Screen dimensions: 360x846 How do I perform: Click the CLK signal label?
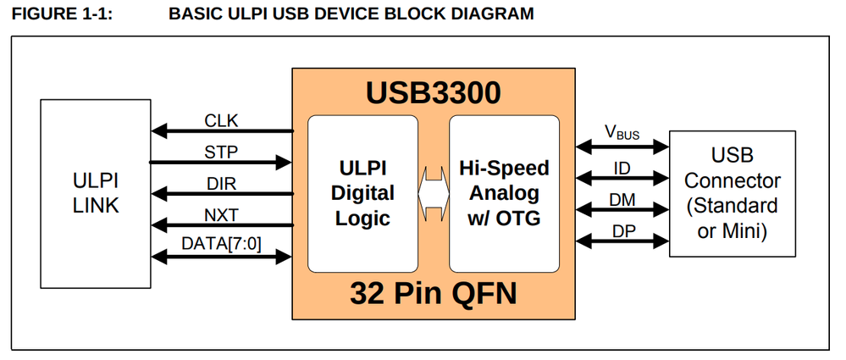coord(221,120)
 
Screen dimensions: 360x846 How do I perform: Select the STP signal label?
coord(221,152)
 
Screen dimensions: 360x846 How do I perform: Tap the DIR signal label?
coord(221,183)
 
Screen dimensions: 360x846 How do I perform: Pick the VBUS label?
coord(622,133)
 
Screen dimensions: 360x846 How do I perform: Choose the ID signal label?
coord(622,169)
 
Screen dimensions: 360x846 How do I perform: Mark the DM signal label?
coord(622,199)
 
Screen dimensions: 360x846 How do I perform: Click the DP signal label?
coord(622,230)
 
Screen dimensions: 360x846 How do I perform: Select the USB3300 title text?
coord(433,92)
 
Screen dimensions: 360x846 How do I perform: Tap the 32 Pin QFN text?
coord(433,294)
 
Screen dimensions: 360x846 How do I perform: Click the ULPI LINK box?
coord(96,192)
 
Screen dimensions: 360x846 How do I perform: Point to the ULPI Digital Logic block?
coord(362,193)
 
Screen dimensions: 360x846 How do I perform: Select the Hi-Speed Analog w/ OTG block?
coord(504,193)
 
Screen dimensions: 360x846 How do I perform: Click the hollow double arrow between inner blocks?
coord(434,193)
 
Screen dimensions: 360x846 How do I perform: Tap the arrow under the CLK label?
coord(221,131)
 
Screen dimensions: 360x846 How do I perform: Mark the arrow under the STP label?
coord(221,163)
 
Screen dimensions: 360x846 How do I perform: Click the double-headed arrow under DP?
coord(622,243)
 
